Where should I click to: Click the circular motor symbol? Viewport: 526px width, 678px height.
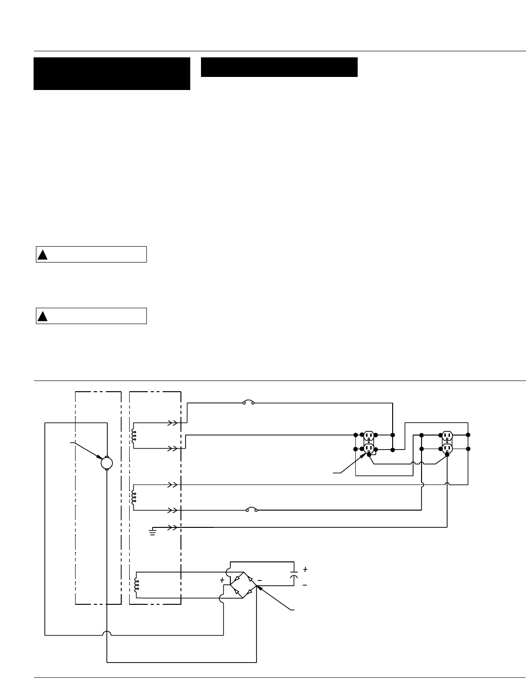point(107,463)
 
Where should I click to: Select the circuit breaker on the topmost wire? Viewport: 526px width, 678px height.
point(248,402)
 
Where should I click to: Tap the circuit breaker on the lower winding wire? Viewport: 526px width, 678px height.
point(251,510)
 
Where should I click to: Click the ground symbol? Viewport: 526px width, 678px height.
point(152,532)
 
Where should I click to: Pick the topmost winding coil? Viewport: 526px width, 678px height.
point(134,436)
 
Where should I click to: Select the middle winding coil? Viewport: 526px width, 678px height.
point(134,497)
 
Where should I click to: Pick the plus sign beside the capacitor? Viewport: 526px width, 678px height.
point(305,569)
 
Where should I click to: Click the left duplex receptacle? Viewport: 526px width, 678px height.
point(369,442)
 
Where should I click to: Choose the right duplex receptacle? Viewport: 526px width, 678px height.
point(447,442)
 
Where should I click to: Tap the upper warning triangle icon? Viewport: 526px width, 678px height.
point(42,255)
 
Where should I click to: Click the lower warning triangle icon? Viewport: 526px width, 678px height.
point(42,316)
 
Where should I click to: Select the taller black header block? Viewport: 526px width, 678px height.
point(112,74)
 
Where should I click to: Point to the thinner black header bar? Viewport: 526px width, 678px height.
point(279,67)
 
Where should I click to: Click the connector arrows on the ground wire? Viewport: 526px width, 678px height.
point(173,527)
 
